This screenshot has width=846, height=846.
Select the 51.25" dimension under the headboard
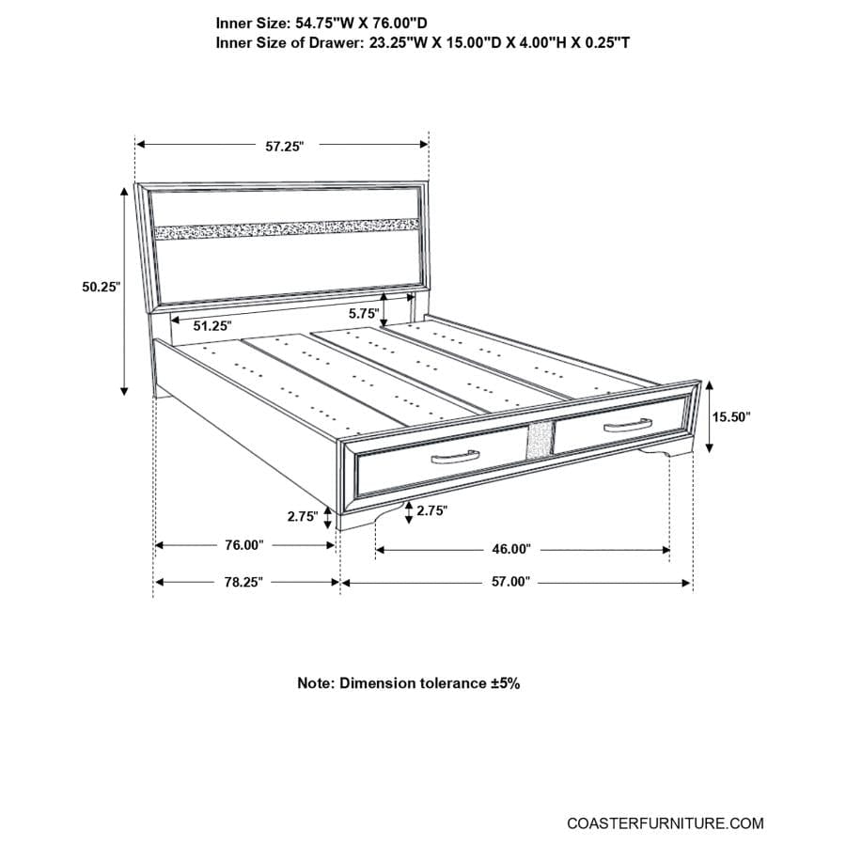pyautogui.click(x=212, y=325)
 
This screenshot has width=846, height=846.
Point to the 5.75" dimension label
pyautogui.click(x=363, y=314)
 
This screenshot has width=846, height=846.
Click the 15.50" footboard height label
pyautogui.click(x=731, y=417)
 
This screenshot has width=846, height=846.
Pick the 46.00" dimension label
pyautogui.click(x=510, y=549)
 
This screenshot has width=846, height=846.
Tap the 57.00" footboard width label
pyautogui.click(x=511, y=583)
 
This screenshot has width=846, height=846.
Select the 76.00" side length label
pyautogui.click(x=243, y=545)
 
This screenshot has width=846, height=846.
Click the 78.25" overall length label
pyautogui.click(x=243, y=583)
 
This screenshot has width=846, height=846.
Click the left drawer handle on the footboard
pyautogui.click(x=455, y=457)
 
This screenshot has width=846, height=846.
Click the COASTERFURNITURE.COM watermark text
pyautogui.click(x=665, y=823)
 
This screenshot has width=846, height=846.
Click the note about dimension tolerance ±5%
pyautogui.click(x=409, y=683)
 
